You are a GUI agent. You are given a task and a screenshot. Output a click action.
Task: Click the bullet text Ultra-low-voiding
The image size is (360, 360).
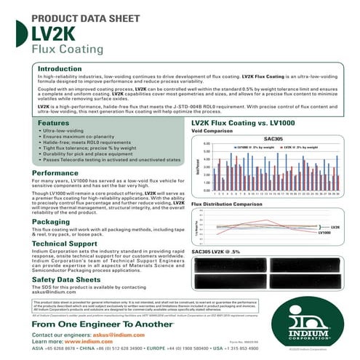[x=68, y=135]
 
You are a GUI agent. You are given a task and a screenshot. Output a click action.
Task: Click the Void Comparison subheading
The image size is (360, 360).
[x=217, y=132]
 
